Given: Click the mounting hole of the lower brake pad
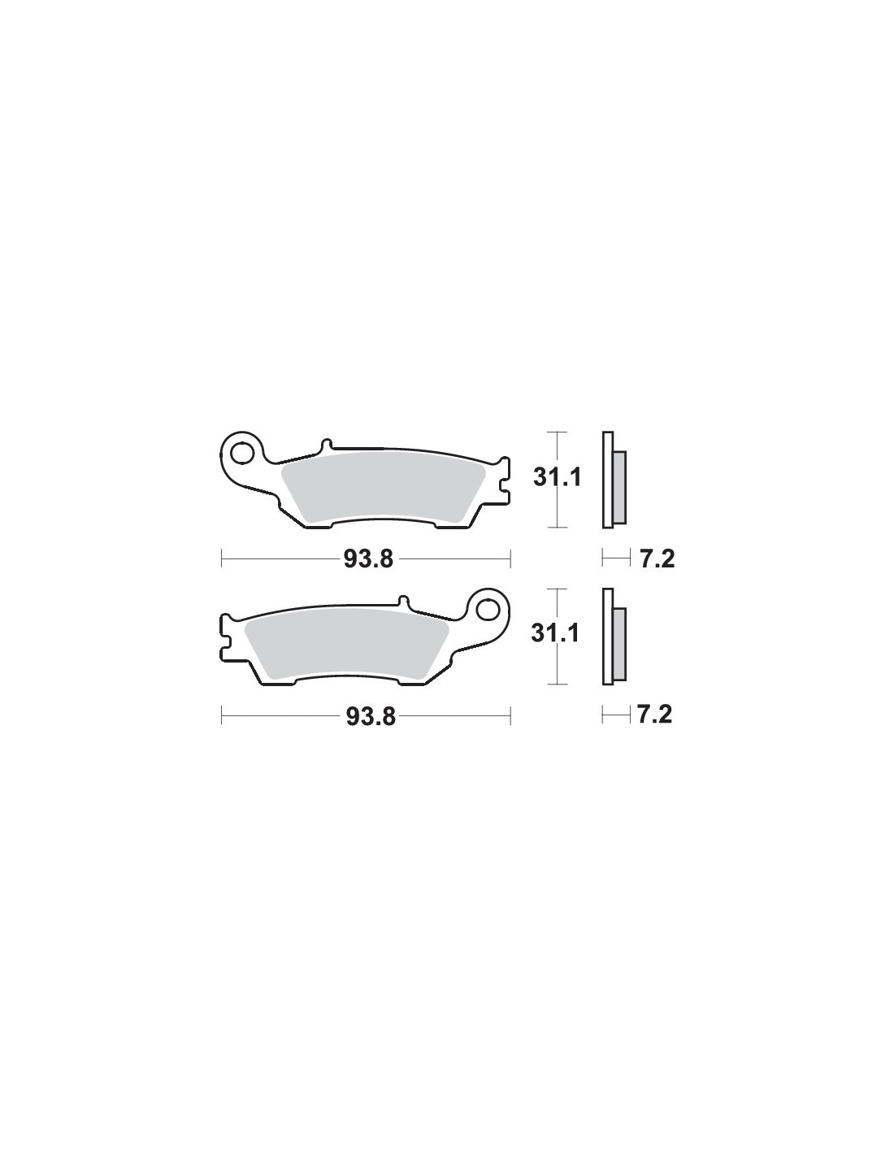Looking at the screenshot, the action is click(488, 610).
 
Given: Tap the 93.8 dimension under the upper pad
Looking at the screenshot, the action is click(368, 559).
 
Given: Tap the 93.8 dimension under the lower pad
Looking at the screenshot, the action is click(371, 716).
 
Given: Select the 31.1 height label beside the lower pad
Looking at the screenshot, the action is click(555, 633).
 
